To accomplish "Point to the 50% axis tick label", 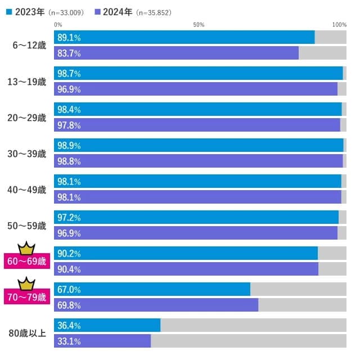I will [199, 25].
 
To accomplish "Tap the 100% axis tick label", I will [339, 25].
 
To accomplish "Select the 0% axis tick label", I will [58, 25].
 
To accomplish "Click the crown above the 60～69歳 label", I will [26, 247].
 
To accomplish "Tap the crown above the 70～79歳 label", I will [26, 283].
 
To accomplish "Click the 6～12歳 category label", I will [29, 46].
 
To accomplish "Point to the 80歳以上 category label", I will [28, 333].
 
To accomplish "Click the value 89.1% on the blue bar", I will [69, 38].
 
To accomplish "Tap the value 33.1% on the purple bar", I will [69, 341].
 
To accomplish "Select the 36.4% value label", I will [69, 326].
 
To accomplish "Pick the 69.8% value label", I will [69, 305].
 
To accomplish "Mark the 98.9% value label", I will [69, 146].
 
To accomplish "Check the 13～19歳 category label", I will [28, 82].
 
